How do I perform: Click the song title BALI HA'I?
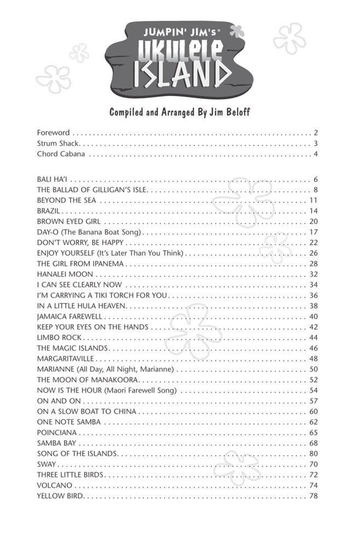53,179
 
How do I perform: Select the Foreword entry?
53,132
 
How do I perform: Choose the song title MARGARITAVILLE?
66,359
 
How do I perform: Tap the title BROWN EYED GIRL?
68,221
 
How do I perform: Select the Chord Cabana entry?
61,154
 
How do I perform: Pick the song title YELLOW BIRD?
60,496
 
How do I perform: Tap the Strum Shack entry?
59,143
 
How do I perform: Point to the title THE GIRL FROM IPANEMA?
80,264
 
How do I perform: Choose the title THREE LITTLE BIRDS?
70,475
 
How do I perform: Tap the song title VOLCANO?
54,486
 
